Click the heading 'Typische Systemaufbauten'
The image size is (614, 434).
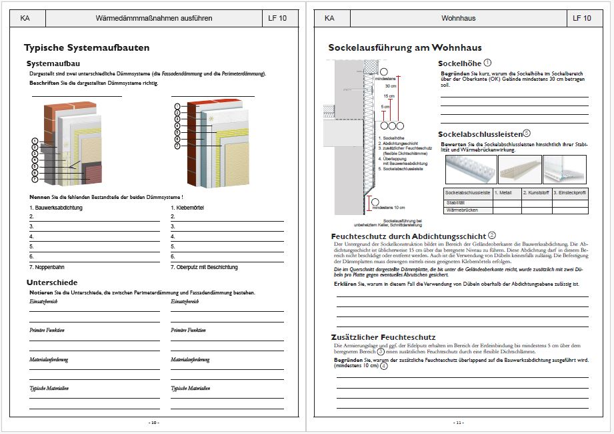[x=87, y=48]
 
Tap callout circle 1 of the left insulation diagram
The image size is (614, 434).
[x=34, y=142]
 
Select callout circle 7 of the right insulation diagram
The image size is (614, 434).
[x=177, y=146]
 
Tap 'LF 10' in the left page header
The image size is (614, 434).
[x=277, y=18]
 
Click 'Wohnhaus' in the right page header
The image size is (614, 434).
[x=458, y=18]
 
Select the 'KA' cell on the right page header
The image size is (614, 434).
[x=329, y=18]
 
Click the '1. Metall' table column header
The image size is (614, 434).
[x=507, y=193]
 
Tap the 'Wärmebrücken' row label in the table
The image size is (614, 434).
[x=462, y=210]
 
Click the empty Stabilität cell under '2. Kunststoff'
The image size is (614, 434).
[x=536, y=202]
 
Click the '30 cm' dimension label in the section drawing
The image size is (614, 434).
[x=391, y=86]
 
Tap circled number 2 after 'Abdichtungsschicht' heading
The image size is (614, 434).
[x=492, y=235]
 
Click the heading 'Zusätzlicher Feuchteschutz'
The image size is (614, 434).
[x=383, y=337]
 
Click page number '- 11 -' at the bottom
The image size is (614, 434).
[x=458, y=423]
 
